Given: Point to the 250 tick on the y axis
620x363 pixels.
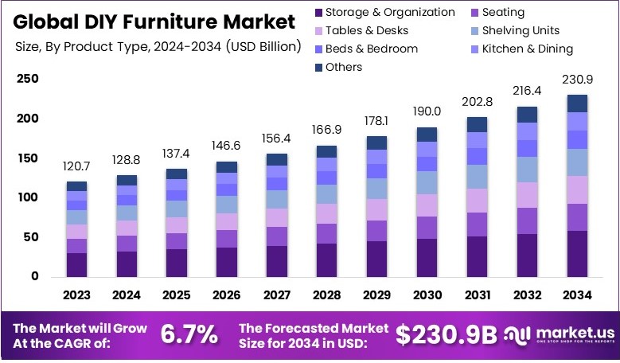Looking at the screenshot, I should point(27,79).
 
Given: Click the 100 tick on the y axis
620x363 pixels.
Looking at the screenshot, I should point(27,197).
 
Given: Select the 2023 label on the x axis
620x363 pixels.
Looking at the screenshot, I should point(76,295).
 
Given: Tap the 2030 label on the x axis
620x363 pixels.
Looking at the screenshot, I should point(427,295).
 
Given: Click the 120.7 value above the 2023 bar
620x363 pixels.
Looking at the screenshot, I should point(76,168).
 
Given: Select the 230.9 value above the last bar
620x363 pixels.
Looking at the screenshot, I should point(578,80).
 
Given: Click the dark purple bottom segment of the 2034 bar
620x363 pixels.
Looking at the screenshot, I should point(578,253).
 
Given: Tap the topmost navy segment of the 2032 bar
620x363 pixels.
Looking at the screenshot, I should point(528,115).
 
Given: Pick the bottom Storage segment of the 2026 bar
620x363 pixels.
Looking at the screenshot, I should point(227,261).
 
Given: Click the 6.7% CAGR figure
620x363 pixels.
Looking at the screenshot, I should point(189,335).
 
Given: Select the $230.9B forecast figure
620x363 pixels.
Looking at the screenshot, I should point(447,335).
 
